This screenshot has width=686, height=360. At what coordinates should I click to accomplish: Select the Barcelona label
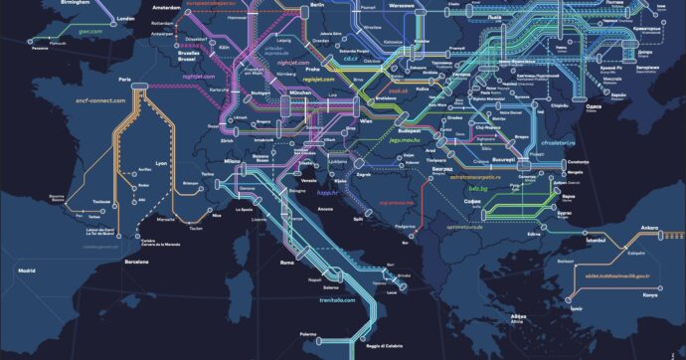pyautogui.click(x=135, y=262)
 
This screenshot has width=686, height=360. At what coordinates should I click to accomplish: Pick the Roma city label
pyautogui.click(x=288, y=262)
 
